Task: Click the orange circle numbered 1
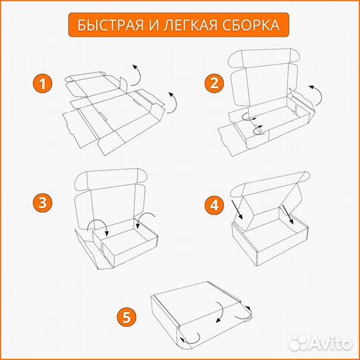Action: point(43,84)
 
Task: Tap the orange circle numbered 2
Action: point(214,83)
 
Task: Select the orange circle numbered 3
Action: point(43,203)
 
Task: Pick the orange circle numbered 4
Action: point(214,205)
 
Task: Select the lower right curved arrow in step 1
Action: point(173,103)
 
